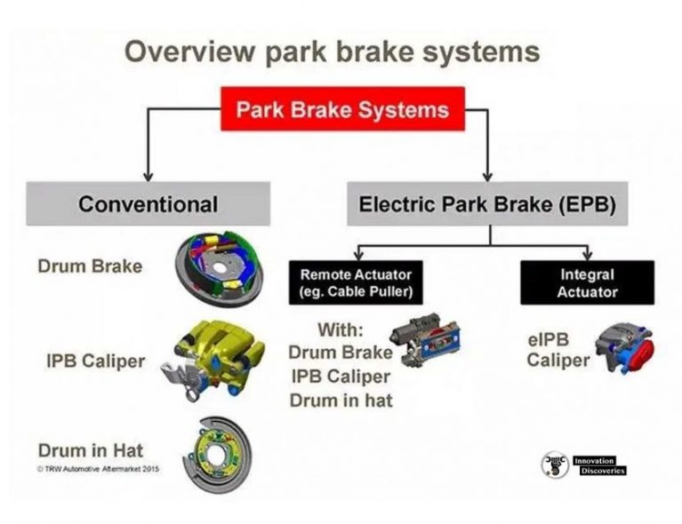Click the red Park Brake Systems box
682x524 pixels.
click(342, 108)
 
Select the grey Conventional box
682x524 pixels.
click(148, 203)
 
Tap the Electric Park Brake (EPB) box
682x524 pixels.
click(487, 203)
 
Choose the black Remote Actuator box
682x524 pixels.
click(356, 282)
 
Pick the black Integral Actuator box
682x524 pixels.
click(587, 282)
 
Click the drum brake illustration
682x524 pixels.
click(219, 269)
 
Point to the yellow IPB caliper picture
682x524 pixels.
click(213, 360)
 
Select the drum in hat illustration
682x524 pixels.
click(217, 455)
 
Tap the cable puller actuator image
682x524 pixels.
click(425, 340)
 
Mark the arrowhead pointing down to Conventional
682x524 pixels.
click(148, 177)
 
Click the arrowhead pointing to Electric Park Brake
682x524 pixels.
click(487, 177)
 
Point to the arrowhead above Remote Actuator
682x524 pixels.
click(358, 255)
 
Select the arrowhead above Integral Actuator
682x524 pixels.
click(588, 255)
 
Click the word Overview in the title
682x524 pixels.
click(189, 52)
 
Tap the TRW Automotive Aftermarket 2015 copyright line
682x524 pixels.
click(99, 469)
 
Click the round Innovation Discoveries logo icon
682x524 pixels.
click(555, 464)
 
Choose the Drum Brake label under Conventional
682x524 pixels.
click(90, 266)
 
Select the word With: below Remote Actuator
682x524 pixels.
click(341, 329)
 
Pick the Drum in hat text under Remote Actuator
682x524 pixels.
click(341, 401)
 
